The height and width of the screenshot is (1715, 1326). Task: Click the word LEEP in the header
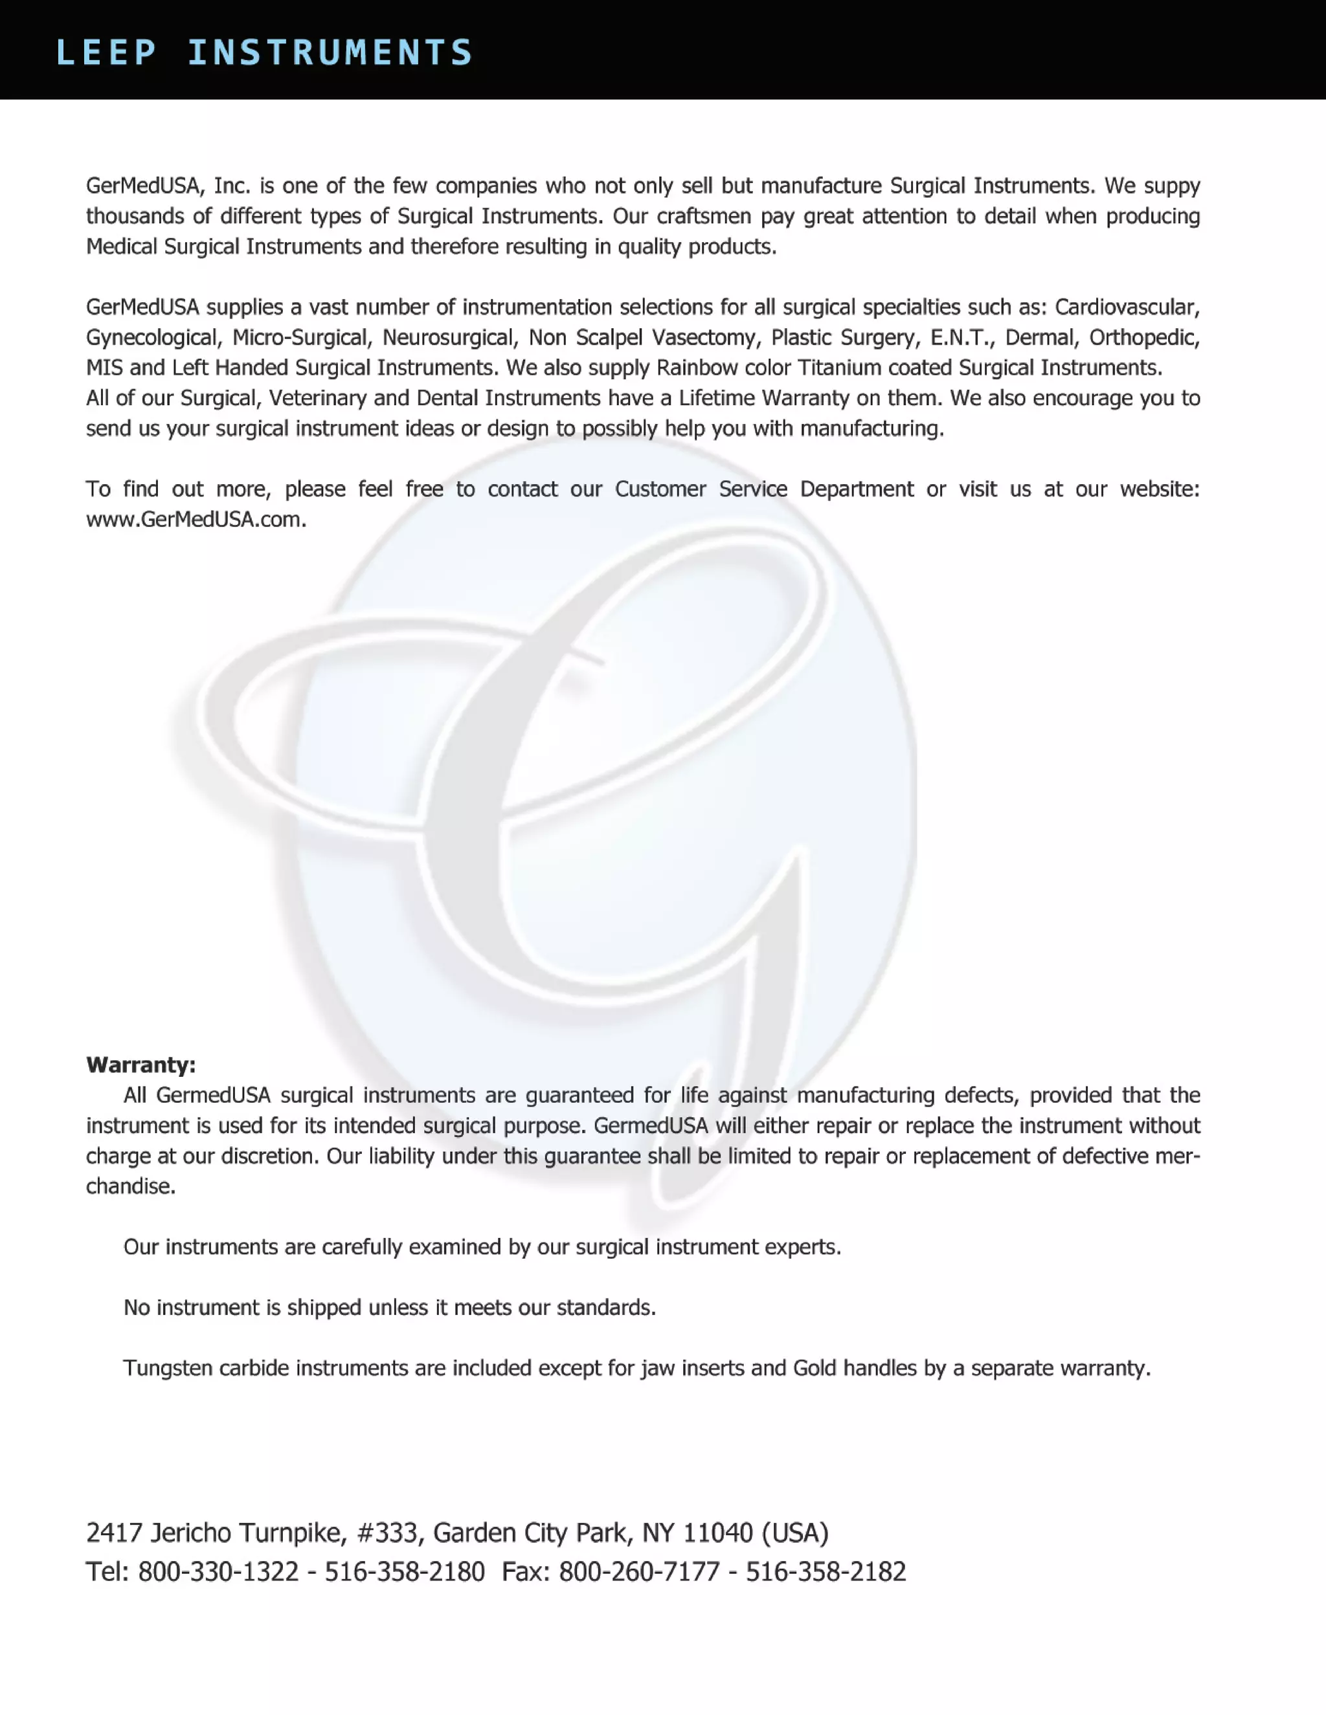106,52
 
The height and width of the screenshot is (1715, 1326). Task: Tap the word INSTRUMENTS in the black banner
330,52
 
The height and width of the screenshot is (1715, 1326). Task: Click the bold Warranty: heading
140,1065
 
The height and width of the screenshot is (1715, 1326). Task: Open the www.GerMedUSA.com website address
196,520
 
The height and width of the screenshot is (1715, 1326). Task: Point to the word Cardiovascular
1127,307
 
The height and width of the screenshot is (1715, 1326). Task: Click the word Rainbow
696,368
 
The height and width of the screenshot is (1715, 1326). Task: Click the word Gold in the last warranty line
815,1368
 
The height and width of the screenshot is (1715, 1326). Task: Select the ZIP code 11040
718,1532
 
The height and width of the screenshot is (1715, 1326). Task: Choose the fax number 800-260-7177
640,1571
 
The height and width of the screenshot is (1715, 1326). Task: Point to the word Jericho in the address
191,1532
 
